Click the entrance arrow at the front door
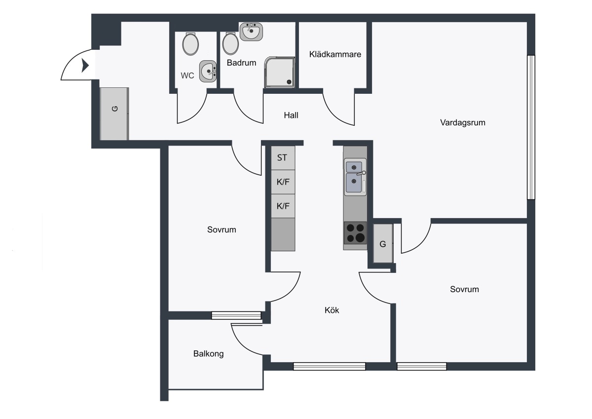click(85, 65)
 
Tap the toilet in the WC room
click(190, 44)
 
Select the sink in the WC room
click(208, 72)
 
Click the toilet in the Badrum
click(230, 43)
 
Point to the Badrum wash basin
click(251, 32)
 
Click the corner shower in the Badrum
click(280, 72)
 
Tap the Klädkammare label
click(335, 54)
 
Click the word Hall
click(291, 115)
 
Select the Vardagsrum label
click(463, 123)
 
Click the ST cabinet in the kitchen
click(283, 158)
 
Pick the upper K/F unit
click(283, 182)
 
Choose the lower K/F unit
click(283, 206)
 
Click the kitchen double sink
click(355, 177)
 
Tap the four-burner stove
click(355, 233)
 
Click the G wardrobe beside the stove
click(383, 243)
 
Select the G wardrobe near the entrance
click(114, 114)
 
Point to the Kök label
click(332, 310)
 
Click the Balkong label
click(209, 354)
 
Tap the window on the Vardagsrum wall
click(531, 127)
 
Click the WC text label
click(187, 76)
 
